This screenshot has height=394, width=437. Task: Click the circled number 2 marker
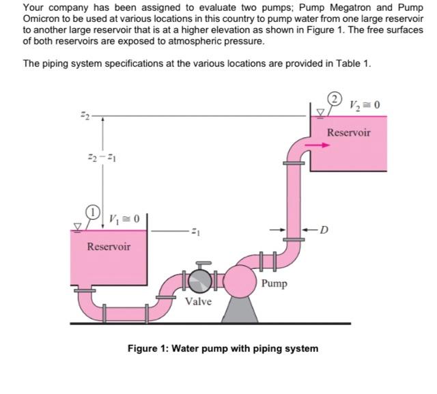pyautogui.click(x=335, y=98)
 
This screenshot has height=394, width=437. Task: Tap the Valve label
pyautogui.click(x=198, y=301)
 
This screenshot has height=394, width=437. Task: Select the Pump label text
pyautogui.click(x=274, y=283)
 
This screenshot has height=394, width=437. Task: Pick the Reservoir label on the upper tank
pyautogui.click(x=348, y=132)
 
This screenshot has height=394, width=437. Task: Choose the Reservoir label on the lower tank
pyautogui.click(x=109, y=247)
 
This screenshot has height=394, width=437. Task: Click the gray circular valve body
pyautogui.click(x=202, y=281)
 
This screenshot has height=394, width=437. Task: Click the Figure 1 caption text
pyautogui.click(x=223, y=348)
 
